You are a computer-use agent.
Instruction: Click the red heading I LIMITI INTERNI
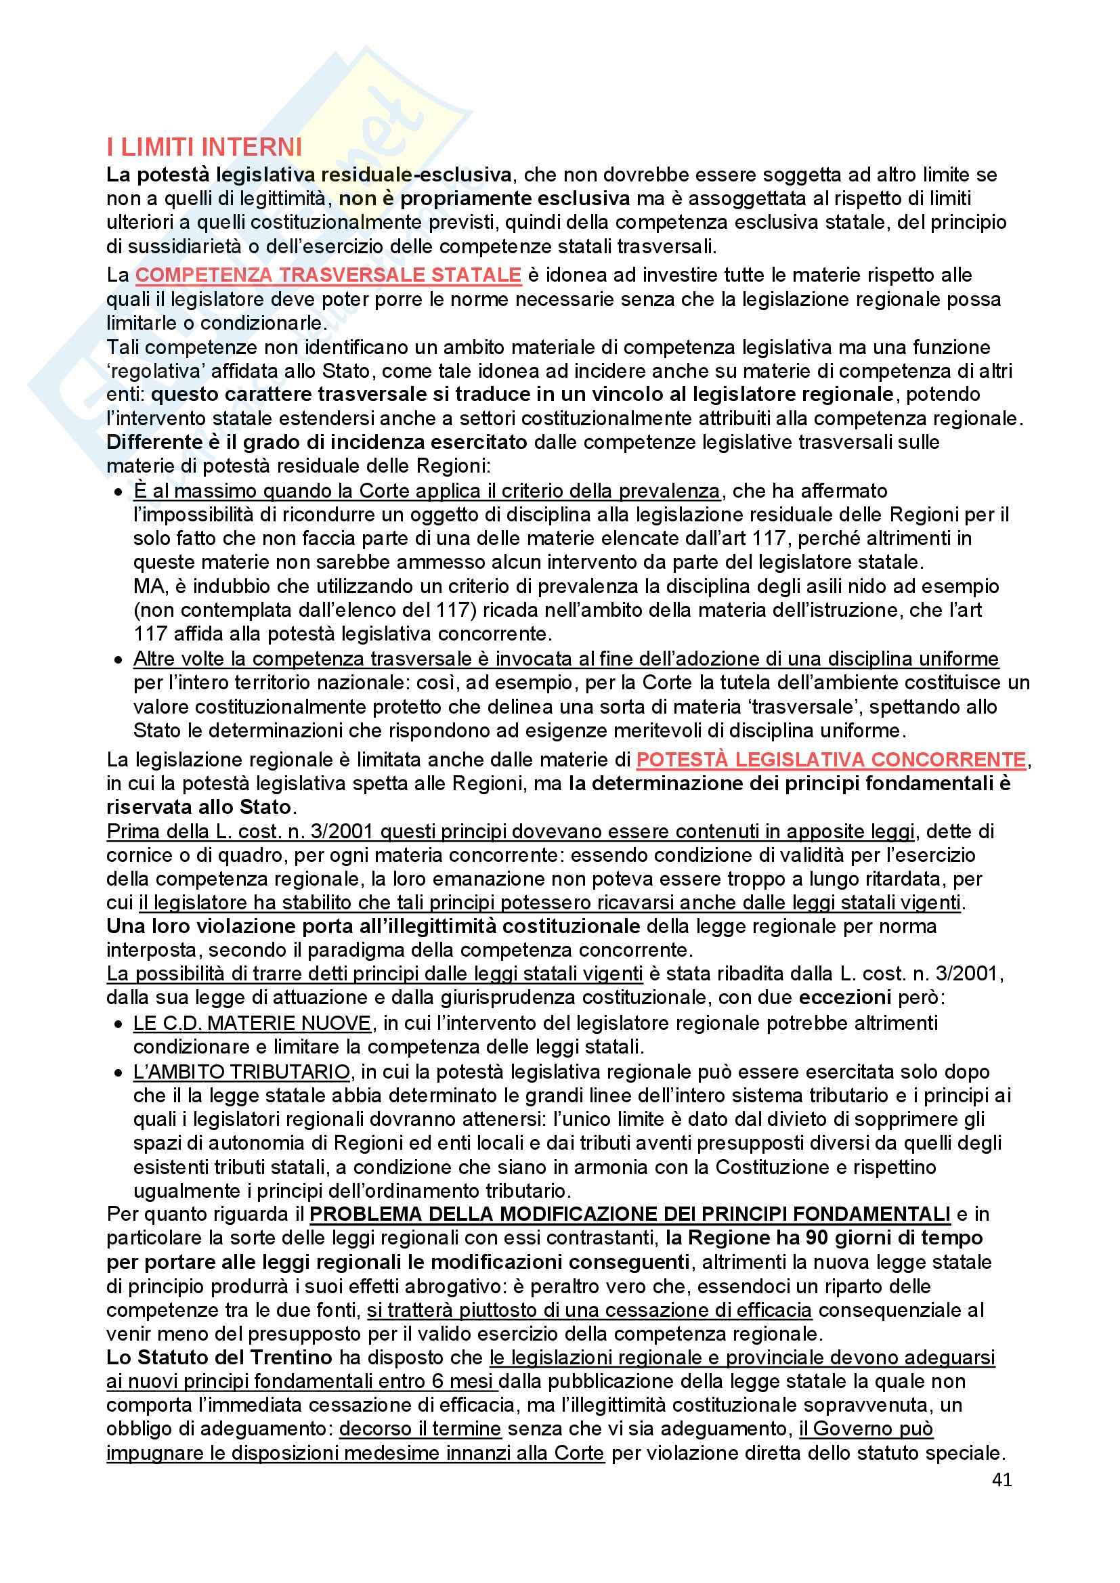point(204,148)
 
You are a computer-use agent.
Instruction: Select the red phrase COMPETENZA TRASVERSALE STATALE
point(328,275)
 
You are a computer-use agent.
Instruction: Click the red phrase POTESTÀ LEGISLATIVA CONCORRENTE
point(830,760)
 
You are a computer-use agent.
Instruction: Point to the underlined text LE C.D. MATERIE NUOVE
point(253,1023)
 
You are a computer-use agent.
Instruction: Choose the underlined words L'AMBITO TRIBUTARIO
point(241,1072)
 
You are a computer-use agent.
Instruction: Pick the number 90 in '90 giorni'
point(818,1238)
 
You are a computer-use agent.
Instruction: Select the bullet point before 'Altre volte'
point(118,660)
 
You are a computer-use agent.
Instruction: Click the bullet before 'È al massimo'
point(118,492)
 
